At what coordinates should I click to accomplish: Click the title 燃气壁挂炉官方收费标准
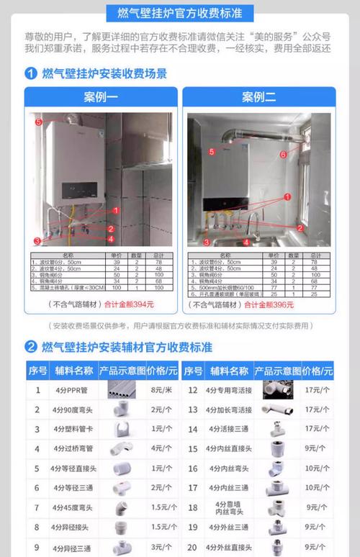179,13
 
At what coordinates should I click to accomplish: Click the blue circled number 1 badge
31,73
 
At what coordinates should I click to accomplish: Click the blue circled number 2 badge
31,347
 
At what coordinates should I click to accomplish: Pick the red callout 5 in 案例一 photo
38,122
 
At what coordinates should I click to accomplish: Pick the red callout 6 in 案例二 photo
283,154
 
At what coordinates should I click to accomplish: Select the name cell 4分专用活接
228,391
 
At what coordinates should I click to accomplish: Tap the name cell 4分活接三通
228,429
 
